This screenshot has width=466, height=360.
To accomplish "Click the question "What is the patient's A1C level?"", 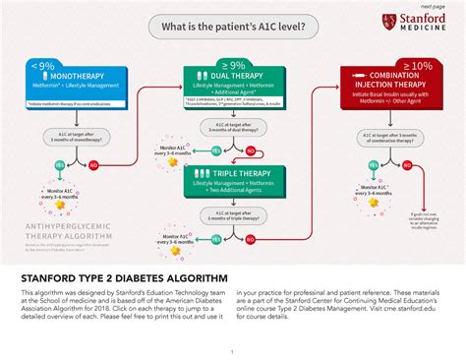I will [x=232, y=26].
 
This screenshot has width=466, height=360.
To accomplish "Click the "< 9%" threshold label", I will [x=42, y=65].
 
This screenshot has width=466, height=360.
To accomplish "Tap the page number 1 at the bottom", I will [x=232, y=351].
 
